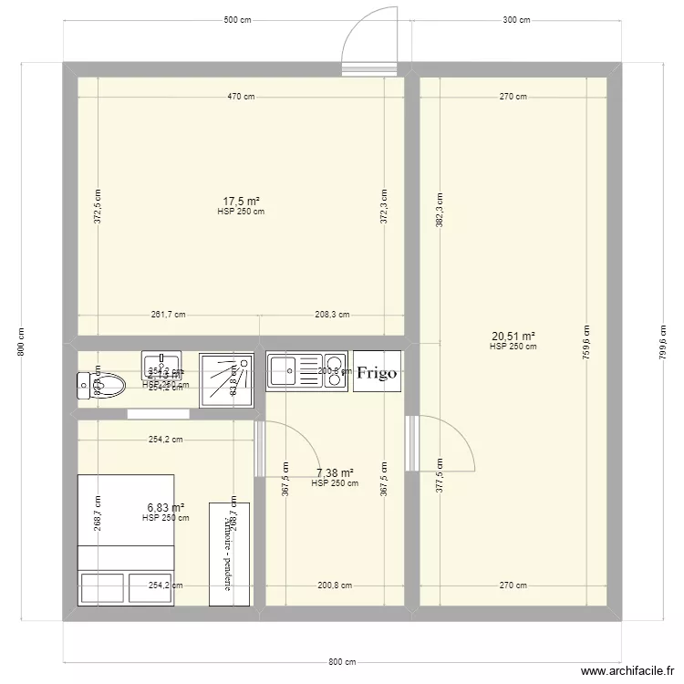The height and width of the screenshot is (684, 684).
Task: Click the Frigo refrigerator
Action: point(377,372)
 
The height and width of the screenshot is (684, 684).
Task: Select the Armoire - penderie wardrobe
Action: point(230,553)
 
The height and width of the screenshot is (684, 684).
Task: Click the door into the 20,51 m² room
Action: point(441,443)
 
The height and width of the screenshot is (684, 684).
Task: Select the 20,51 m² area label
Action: point(513,336)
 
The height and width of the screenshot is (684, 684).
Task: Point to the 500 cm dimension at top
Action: point(237,20)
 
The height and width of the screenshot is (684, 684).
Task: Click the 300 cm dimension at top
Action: point(515,20)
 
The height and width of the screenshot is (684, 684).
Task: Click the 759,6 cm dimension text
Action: point(586,344)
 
